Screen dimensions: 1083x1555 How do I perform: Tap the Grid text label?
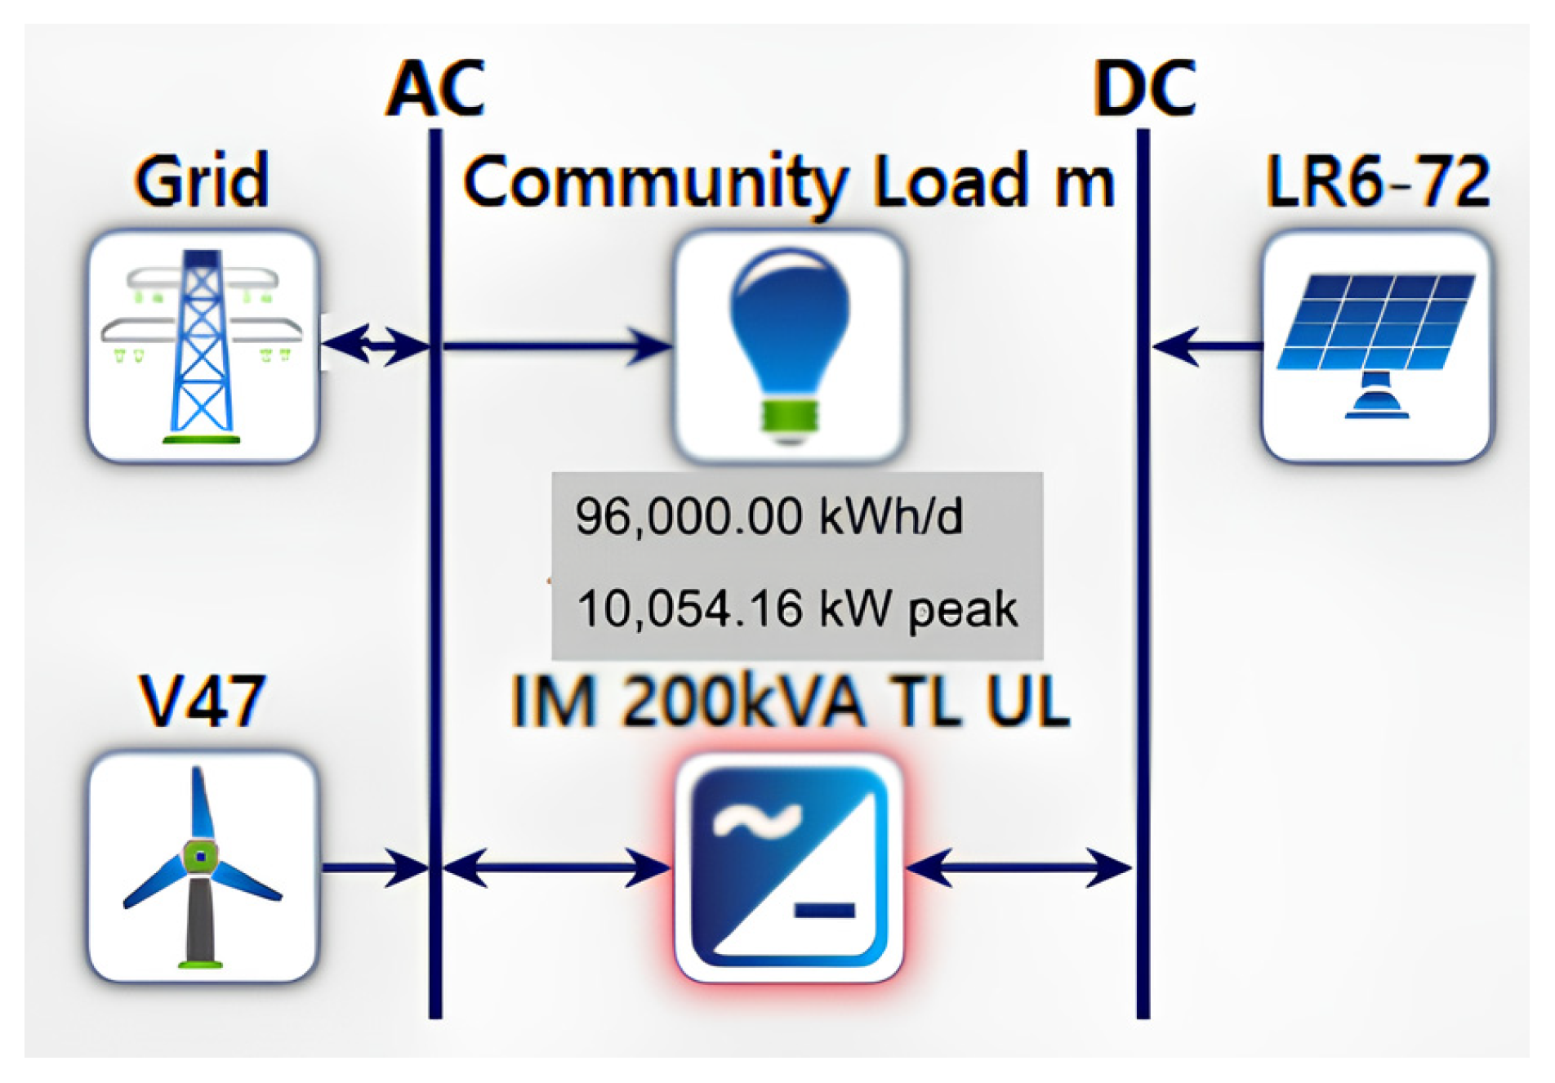click(x=202, y=180)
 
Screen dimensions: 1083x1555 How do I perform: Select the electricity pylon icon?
click(x=203, y=346)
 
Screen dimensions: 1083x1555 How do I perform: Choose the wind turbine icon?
click(x=203, y=866)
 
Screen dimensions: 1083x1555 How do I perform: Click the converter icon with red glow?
click(x=789, y=866)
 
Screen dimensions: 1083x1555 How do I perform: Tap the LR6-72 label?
click(x=1377, y=180)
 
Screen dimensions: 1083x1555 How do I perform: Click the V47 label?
click(x=202, y=700)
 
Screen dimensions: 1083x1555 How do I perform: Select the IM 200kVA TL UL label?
click(x=789, y=701)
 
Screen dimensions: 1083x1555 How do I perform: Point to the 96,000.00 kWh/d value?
click(x=769, y=516)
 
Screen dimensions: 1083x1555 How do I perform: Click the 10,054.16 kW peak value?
click(x=796, y=608)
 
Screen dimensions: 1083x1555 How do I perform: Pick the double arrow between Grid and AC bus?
click(x=376, y=345)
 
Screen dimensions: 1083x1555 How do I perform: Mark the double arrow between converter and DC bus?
click(x=1019, y=867)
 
